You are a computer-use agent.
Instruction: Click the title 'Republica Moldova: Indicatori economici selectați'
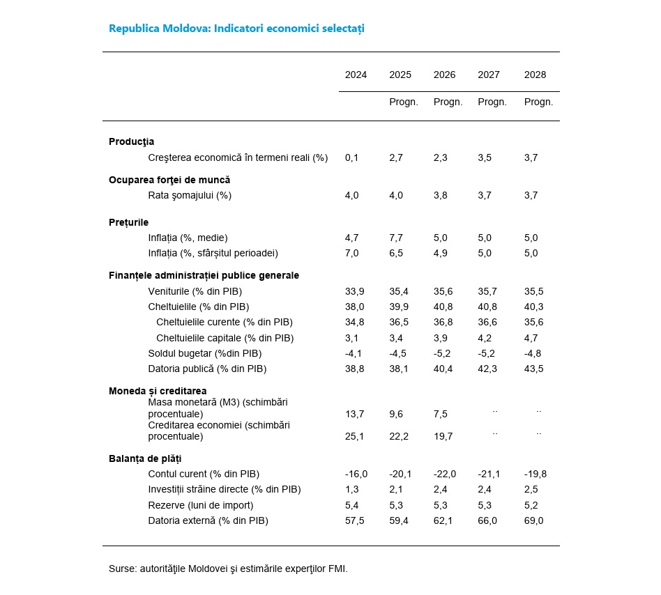click(x=236, y=29)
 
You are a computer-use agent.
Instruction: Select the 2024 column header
click(x=356, y=75)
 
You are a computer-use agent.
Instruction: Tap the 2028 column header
click(x=535, y=75)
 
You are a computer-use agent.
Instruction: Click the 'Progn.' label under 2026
click(x=448, y=102)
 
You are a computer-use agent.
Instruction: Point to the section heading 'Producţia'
click(x=131, y=141)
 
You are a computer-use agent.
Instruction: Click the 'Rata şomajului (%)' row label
click(x=190, y=195)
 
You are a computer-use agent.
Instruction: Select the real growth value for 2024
click(x=351, y=157)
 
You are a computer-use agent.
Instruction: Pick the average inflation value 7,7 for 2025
click(x=396, y=238)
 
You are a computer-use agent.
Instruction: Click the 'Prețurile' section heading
click(x=128, y=222)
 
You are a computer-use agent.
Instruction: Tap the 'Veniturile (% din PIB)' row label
click(x=195, y=291)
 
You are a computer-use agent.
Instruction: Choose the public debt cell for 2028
click(x=535, y=368)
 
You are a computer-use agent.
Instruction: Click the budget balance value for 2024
click(x=351, y=353)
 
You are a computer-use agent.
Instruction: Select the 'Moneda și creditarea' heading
click(x=158, y=391)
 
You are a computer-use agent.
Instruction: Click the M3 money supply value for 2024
click(x=354, y=414)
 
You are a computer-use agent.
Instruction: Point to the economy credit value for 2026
click(x=443, y=436)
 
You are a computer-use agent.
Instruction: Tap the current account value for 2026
click(x=444, y=474)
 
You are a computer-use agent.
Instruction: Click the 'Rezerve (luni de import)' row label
click(x=201, y=504)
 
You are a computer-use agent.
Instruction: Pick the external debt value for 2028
click(x=533, y=520)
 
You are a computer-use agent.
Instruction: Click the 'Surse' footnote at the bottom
click(x=228, y=569)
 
